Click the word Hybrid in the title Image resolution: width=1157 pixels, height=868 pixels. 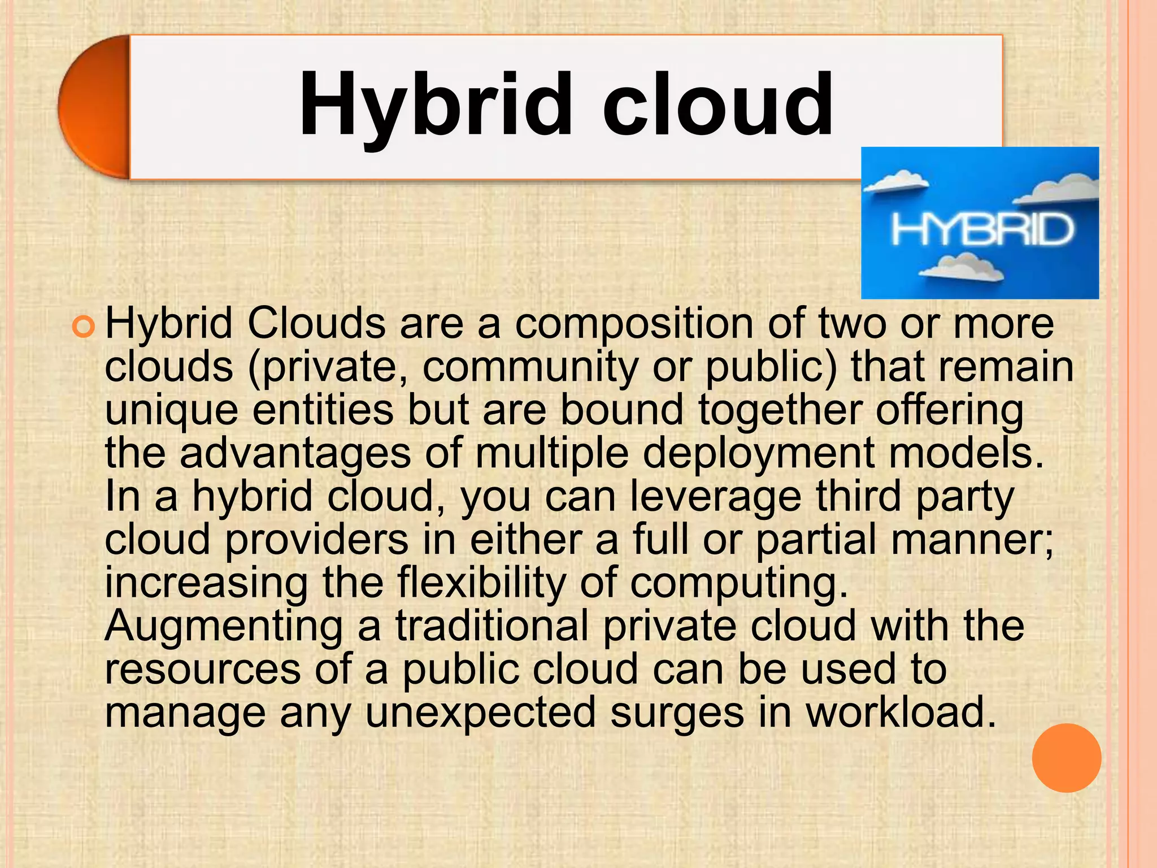pos(435,106)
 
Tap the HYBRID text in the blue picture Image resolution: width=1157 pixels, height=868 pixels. pos(982,230)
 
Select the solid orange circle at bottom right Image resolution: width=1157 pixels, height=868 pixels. pos(1067,757)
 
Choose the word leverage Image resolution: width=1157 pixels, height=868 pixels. pos(715,497)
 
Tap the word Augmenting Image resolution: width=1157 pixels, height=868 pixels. pos(224,627)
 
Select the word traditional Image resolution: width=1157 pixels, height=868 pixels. pos(491,626)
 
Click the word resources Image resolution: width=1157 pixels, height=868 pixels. pos(202,669)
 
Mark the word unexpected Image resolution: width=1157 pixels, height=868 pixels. pos(480,713)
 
